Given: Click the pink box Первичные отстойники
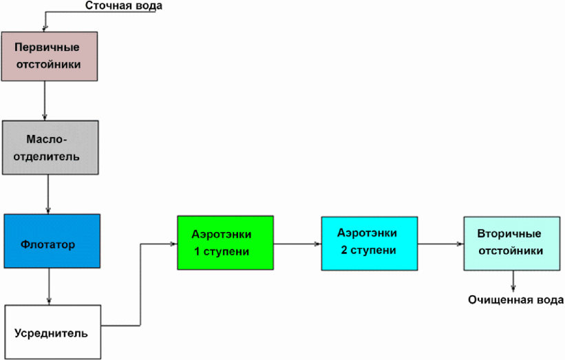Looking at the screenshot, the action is point(50,56).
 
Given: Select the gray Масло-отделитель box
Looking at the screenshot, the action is point(50,147).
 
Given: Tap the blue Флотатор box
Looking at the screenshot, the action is point(52,241).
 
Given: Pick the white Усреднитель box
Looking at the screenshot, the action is point(53,332).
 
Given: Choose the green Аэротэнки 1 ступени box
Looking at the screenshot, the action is point(226,242).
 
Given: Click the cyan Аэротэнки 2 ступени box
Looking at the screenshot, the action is point(370,243).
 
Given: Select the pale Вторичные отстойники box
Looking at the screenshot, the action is point(512,243).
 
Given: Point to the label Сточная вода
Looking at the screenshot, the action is point(124,6).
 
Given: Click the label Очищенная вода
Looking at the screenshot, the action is point(516,300).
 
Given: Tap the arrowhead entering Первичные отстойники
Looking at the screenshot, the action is point(45,29).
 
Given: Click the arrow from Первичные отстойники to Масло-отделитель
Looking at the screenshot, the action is point(45,100).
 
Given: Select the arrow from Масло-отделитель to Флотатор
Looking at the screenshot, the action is point(48,194).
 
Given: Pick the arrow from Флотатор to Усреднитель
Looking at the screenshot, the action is point(49,286).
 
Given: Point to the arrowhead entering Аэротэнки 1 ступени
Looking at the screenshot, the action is point(173,244).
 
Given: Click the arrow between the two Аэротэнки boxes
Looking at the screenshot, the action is point(297,244).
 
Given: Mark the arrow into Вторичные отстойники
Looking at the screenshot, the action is point(440,244).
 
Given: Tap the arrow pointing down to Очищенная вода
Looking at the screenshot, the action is point(513,281).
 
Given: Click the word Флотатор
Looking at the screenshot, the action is point(48,244).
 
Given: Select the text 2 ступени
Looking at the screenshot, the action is point(369,250).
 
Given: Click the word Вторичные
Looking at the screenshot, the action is point(509,233).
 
